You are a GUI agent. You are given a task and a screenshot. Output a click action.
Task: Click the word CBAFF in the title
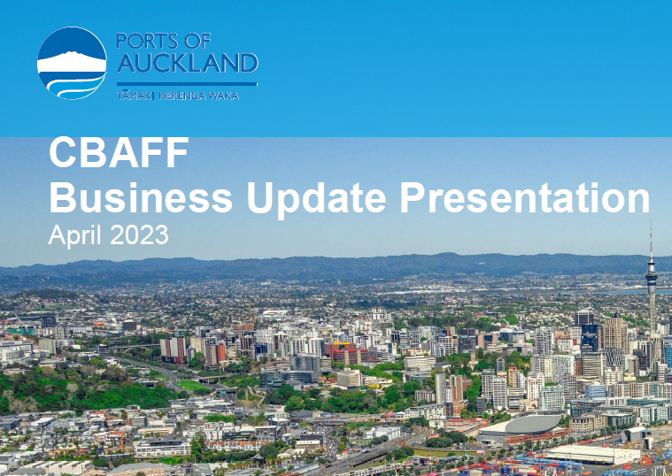[119, 152]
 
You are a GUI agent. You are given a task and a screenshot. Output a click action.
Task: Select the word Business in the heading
[141, 197]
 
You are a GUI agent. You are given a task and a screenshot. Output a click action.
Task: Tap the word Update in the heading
[317, 200]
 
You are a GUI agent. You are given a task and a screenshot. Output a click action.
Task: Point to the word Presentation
[525, 197]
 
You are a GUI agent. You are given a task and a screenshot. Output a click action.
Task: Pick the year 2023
[139, 234]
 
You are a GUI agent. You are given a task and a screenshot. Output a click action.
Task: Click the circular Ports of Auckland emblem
[72, 63]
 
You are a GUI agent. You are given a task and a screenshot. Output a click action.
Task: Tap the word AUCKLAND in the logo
[188, 63]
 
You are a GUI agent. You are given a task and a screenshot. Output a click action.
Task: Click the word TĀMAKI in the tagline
[135, 96]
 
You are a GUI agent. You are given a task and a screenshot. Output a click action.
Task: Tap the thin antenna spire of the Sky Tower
[651, 240]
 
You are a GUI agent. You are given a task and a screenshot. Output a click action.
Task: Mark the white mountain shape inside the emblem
[72, 63]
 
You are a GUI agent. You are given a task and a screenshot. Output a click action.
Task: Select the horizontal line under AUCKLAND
[188, 84]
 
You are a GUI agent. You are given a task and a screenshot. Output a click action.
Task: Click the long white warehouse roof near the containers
[593, 453]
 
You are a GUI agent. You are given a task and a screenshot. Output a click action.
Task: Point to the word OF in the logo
[198, 41]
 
